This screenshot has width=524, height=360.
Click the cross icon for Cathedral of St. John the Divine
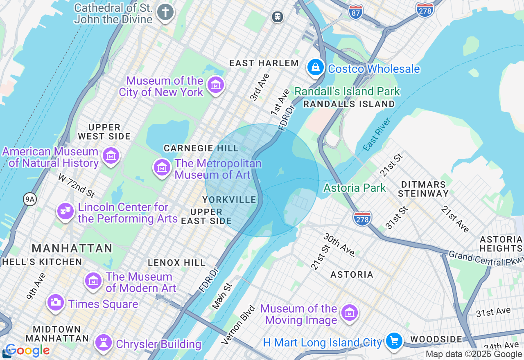(x=165, y=12)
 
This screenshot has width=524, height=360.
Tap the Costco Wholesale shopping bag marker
(x=316, y=67)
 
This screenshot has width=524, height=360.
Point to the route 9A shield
(x=30, y=199)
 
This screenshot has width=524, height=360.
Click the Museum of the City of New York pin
(x=215, y=85)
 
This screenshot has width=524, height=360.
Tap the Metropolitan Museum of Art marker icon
(x=162, y=167)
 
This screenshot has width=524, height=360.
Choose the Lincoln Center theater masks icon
(x=65, y=211)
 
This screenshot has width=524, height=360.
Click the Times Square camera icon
(x=55, y=303)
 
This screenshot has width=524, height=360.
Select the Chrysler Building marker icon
(x=103, y=343)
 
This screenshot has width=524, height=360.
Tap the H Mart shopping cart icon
(x=394, y=341)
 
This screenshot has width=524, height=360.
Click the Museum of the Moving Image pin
(x=350, y=313)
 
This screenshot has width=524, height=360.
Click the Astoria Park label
(x=355, y=188)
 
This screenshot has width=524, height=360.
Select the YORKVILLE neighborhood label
(x=229, y=200)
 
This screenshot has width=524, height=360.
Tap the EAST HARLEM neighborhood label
(x=264, y=63)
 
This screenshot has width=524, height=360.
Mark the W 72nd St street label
(x=76, y=185)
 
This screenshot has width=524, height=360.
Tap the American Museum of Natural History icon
(x=111, y=156)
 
